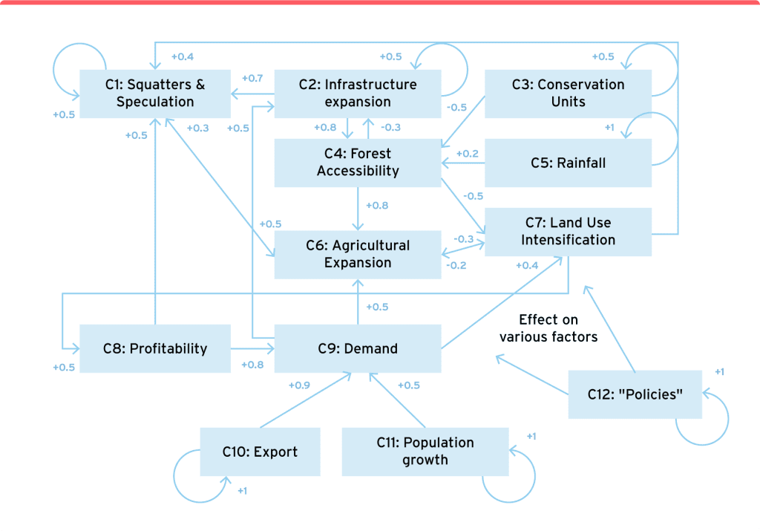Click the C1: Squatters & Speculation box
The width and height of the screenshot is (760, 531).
tap(154, 94)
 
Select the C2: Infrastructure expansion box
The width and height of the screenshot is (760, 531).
tap(358, 94)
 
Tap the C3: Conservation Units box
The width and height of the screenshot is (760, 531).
tap(568, 94)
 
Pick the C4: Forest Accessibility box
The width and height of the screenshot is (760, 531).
tap(358, 163)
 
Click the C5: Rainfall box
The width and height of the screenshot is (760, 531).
tap(568, 163)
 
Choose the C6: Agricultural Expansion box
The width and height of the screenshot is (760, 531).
tap(358, 254)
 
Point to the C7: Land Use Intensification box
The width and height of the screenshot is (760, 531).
tap(568, 232)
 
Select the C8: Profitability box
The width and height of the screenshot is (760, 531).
tap(154, 348)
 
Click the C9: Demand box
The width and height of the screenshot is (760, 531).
tap(358, 348)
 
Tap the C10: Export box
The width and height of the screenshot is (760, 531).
tap(260, 452)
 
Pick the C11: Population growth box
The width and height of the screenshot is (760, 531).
tap(425, 452)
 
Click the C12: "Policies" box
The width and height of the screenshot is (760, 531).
tap(635, 394)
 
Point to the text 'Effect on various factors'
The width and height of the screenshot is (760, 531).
tap(548, 328)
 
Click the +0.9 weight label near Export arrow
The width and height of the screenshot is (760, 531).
tap(299, 385)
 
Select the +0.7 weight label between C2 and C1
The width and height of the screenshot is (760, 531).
tap(252, 78)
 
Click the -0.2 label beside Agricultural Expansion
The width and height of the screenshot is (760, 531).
tap(456, 265)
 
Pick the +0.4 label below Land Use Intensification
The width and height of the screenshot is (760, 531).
tap(526, 265)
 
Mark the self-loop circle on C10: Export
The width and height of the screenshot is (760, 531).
tap(199, 475)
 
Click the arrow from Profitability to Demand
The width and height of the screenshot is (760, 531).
tap(252, 348)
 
